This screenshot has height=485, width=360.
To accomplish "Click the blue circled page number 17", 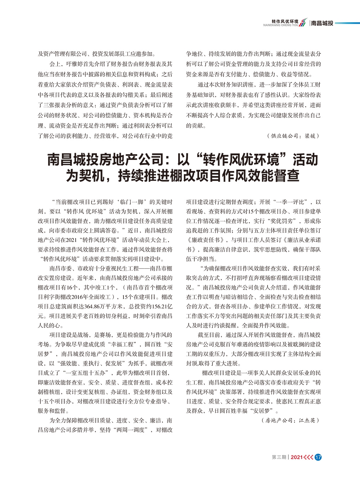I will click(318, 457).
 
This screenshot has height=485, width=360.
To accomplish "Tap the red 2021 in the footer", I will click(296, 457).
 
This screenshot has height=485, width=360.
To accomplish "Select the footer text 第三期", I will click(279, 457).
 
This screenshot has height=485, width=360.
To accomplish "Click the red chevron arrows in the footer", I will click(308, 457).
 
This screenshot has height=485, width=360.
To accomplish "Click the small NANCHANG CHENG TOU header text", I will click(281, 26).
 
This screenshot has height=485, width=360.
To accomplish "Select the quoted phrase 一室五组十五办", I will click(85, 373).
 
